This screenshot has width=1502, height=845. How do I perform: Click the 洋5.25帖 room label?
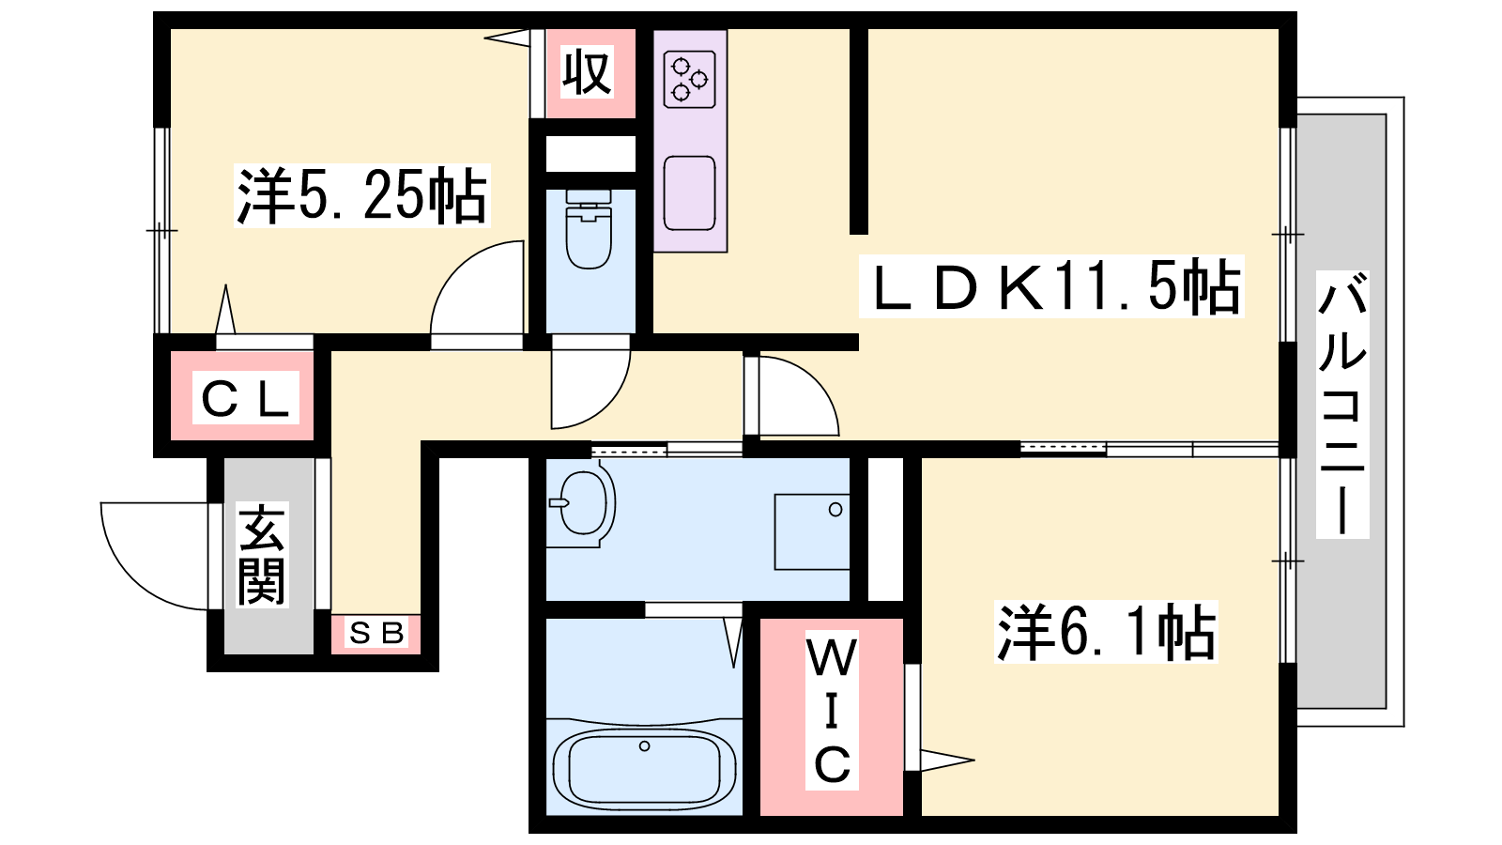pos(362,195)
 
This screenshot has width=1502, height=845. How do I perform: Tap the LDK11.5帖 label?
pos(1051,286)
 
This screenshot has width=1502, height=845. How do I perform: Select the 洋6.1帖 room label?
pos(1106,633)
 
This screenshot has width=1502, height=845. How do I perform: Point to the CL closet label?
pos(245,398)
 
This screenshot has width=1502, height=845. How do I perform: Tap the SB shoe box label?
pos(376,633)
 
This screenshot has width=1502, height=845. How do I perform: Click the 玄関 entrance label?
pos(262,555)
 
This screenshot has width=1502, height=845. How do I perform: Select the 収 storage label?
pos(587,71)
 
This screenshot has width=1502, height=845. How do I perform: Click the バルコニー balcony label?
pos(1342,405)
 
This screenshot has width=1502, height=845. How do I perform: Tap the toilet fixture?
pos(589,229)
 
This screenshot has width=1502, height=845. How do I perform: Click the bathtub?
pos(644,766)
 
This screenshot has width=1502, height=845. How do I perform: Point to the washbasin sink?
pos(582,503)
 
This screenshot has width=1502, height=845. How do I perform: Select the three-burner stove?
pos(689,80)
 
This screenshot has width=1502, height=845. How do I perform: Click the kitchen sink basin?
pos(689,193)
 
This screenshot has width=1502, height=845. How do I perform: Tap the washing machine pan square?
pos(812,531)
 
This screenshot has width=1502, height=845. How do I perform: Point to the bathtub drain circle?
pos(644,746)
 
